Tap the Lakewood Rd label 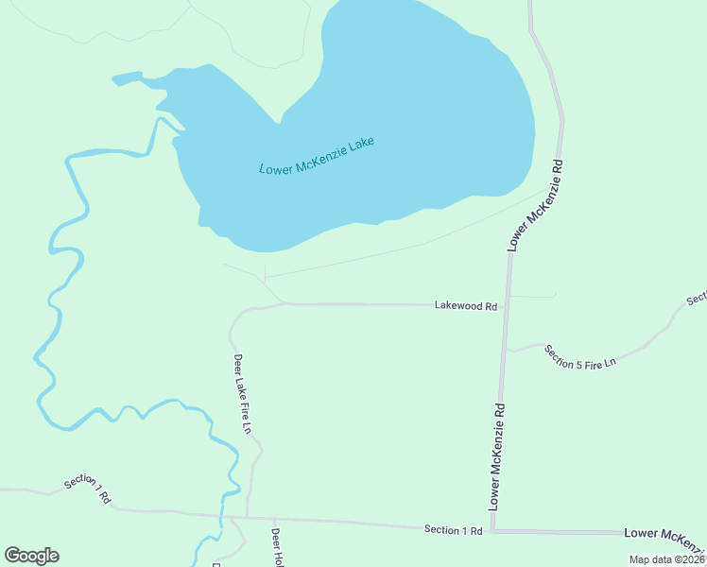click(466, 306)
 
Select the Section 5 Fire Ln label click(580, 356)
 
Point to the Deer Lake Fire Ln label click(242, 393)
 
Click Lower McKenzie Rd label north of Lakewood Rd click(536, 204)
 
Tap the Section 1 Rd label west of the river click(88, 489)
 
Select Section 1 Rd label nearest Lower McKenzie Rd click(453, 530)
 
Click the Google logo click(32, 556)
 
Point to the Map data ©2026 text click(666, 559)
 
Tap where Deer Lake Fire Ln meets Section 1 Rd click(248, 517)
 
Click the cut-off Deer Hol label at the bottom click(277, 547)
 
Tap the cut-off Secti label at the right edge click(697, 299)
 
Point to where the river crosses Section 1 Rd click(224, 516)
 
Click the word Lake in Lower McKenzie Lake click(361, 146)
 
